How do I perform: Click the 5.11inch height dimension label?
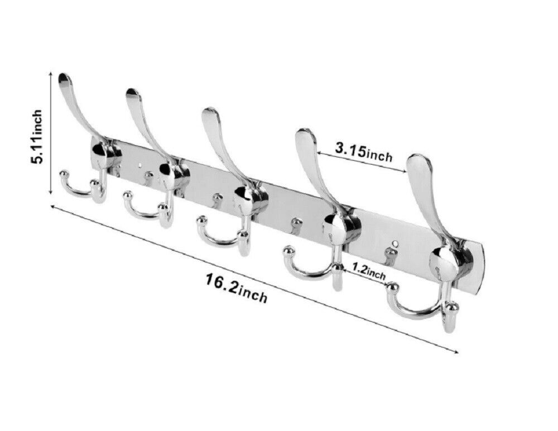point(37,136)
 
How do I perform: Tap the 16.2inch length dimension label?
point(236,288)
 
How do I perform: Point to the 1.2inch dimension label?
point(369,271)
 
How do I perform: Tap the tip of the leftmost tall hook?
point(64,76)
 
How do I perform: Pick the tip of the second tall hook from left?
point(133,91)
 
